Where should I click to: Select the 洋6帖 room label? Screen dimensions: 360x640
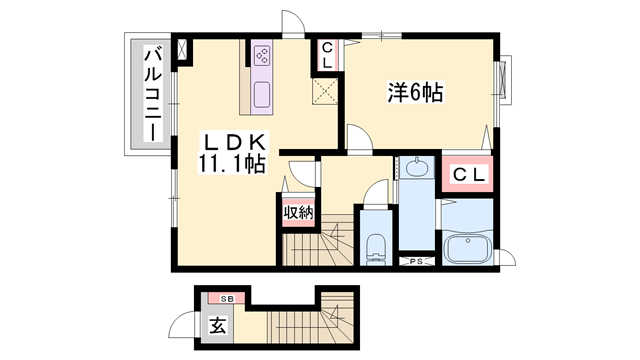coord(415,94)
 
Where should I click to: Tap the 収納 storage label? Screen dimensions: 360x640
coord(297,211)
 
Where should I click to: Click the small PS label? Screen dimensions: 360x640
coord(416,262)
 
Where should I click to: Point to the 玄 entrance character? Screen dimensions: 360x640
coord(217,326)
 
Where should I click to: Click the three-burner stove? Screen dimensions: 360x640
coord(263,55)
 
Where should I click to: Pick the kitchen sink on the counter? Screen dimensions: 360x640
coord(262,97)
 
